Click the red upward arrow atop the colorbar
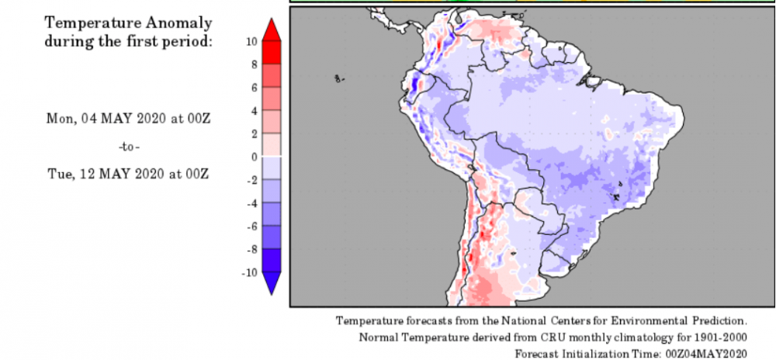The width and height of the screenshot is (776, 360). (272, 31)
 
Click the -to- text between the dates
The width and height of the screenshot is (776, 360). (129, 146)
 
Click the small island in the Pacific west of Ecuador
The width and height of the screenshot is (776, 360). (339, 78)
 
